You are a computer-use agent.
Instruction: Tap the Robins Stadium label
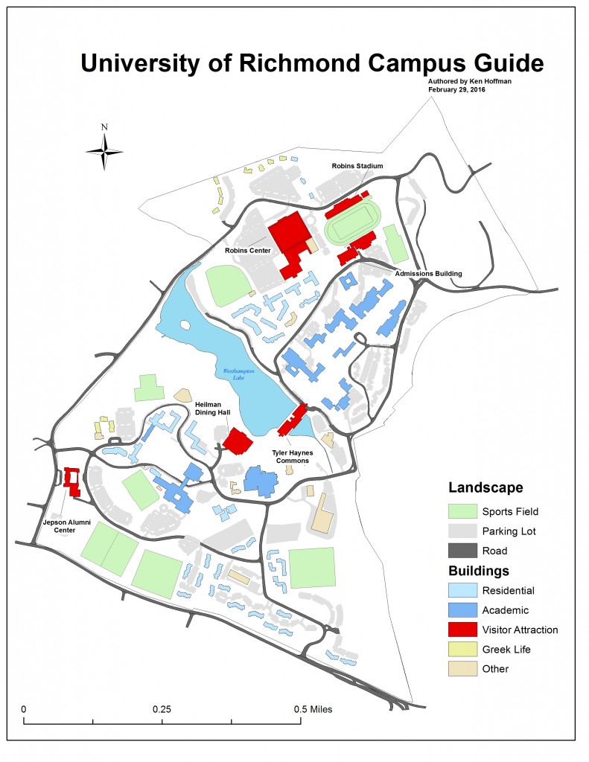tap(357, 166)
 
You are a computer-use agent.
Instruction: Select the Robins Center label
tap(249, 251)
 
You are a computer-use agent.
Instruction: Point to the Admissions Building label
tap(429, 273)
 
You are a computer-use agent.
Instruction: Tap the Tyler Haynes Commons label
tap(291, 455)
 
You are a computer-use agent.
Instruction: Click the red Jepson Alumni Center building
tap(72, 481)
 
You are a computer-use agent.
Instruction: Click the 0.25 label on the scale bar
tap(162, 708)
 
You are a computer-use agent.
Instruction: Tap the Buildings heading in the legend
tap(479, 571)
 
